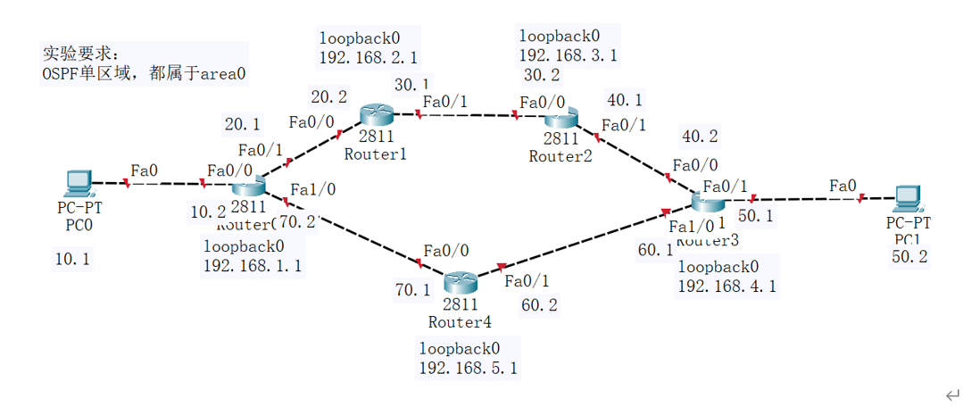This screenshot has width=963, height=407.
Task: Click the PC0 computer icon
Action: click(78, 183)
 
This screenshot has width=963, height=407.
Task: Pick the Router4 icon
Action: click(461, 283)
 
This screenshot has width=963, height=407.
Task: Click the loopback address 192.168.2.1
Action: click(367, 59)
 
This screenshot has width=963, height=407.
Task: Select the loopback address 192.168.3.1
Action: click(568, 55)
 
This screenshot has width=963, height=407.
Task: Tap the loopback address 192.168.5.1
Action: click(468, 368)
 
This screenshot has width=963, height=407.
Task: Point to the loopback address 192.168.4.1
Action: click(726, 287)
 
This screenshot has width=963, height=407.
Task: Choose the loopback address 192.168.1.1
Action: click(252, 266)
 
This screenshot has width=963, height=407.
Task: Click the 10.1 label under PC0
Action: click(72, 260)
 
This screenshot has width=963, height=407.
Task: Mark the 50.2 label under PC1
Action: click(909, 257)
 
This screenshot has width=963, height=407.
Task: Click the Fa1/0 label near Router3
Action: click(691, 227)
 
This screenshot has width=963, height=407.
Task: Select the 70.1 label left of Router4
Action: click(412, 290)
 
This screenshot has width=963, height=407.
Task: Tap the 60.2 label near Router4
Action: click(539, 305)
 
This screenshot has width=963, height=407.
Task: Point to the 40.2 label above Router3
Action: click(700, 137)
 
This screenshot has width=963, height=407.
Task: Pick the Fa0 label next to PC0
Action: click(144, 170)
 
